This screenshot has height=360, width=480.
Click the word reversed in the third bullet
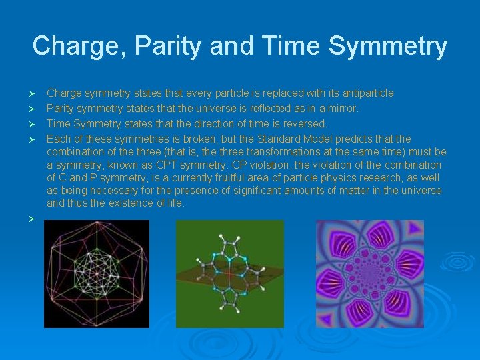point(303,123)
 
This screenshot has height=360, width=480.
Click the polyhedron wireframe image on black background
point(97,274)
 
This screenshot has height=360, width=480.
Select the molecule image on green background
point(229,274)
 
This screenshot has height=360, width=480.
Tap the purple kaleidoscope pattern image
point(369,274)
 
